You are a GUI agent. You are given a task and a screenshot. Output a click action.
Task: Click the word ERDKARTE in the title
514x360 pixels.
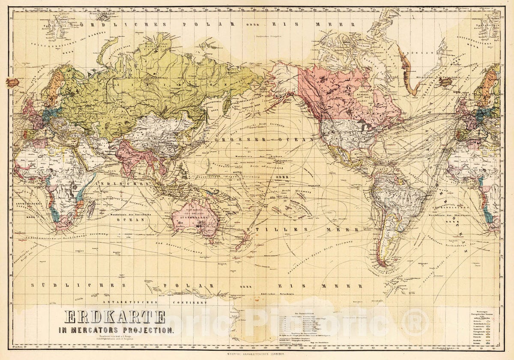point(115,317)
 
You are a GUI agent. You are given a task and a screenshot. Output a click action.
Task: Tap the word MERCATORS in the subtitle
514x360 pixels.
point(98,330)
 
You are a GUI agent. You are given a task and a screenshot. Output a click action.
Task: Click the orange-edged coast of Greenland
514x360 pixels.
point(407,73)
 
